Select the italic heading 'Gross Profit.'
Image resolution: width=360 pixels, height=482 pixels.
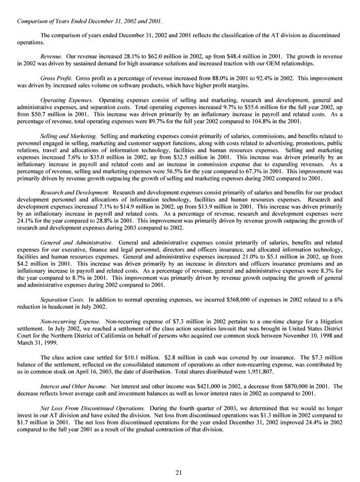pyautogui.click(x=56, y=77)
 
